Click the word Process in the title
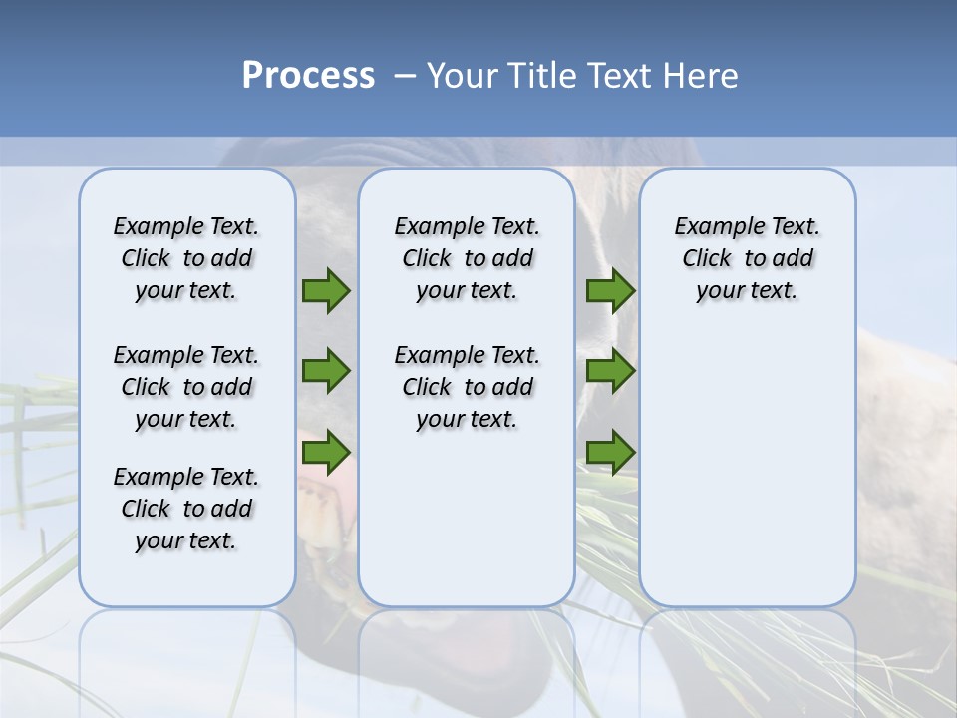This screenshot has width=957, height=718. click(308, 76)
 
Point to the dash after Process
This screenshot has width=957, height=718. click(405, 77)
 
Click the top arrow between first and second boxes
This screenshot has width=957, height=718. click(326, 291)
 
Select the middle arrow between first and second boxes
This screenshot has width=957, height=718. click(326, 371)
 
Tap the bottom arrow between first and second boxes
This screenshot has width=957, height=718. click(326, 453)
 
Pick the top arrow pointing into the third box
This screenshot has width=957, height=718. click(610, 291)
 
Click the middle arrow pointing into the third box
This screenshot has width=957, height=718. click(610, 371)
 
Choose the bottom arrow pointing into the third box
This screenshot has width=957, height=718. click(610, 453)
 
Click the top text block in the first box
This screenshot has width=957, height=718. click(186, 258)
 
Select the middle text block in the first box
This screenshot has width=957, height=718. click(186, 387)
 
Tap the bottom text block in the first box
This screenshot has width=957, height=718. click(186, 509)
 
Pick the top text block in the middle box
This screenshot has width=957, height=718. click(467, 258)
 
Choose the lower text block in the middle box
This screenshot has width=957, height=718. click(467, 387)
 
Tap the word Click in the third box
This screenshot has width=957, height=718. click(707, 259)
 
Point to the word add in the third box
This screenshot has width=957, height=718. click(794, 259)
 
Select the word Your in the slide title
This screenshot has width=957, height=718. click(464, 76)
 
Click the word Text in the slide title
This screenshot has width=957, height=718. click(624, 76)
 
